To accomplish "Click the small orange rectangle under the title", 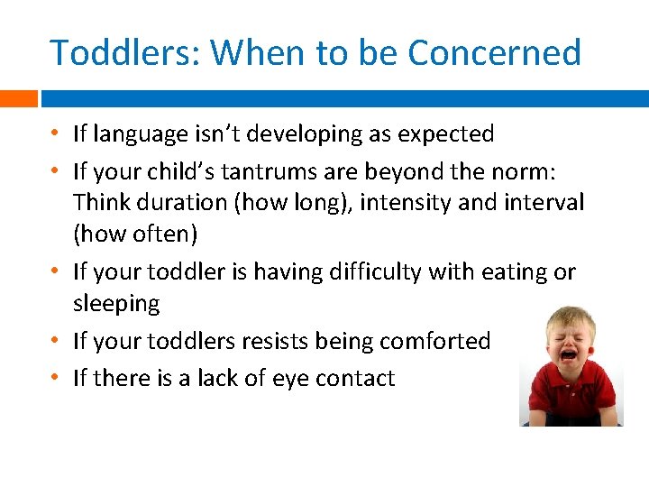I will (18, 98).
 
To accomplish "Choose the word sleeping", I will (116, 304).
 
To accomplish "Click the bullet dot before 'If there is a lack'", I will (56, 378).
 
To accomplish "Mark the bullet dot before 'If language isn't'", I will (56, 134).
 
